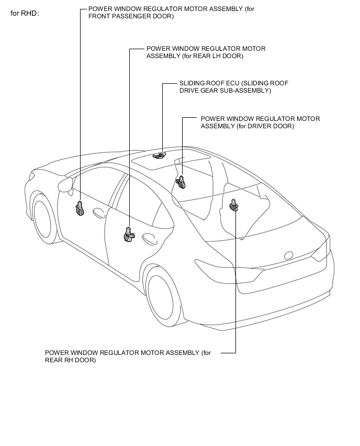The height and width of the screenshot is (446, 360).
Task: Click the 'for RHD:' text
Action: [25, 13]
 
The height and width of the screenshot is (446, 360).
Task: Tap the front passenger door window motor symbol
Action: [80, 208]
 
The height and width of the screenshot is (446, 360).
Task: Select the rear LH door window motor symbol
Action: [129, 234]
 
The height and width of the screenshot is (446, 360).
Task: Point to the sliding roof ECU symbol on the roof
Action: [159, 154]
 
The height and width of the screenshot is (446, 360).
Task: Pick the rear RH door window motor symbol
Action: [234, 206]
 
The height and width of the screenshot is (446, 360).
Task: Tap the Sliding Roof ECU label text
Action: [233, 87]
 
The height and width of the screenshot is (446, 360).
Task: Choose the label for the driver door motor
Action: [260, 122]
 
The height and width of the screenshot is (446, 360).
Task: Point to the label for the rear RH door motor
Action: [128, 356]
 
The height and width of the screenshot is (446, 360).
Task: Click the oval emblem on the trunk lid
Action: [289, 255]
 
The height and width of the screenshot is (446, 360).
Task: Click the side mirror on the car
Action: [65, 184]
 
